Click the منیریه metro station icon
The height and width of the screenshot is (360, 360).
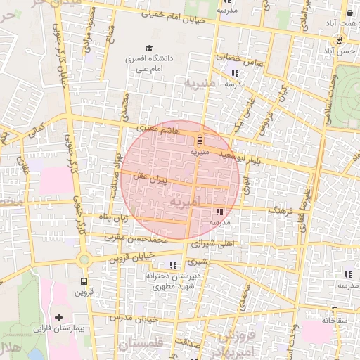click(x=199, y=140)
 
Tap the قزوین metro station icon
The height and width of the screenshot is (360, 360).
click(x=84, y=281)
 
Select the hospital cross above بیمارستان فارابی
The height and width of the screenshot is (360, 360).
click(x=58, y=318)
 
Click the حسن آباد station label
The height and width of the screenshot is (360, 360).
click(x=336, y=51)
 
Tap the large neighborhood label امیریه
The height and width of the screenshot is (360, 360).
click(x=186, y=202)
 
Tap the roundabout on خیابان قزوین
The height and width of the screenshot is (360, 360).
click(x=84, y=259)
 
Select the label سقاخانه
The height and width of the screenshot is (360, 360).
click(x=335, y=320)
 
